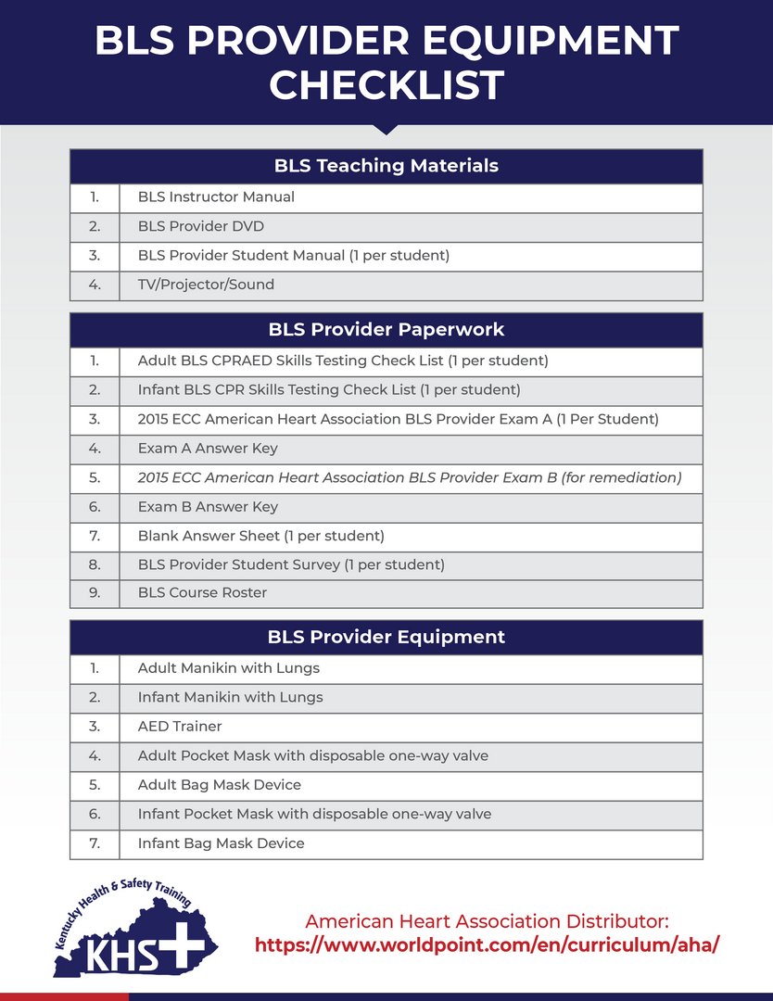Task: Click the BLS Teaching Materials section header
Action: tap(386, 166)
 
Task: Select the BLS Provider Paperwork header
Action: tap(386, 330)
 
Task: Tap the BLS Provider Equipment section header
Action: tap(386, 637)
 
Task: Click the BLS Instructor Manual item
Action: tap(216, 196)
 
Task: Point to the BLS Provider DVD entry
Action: tap(201, 226)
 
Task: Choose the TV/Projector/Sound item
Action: tap(206, 285)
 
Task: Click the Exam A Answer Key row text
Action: tap(208, 449)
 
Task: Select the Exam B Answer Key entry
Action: tap(208, 507)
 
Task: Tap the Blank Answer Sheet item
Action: tap(260, 536)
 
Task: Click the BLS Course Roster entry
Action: tap(202, 592)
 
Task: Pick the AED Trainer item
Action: tap(180, 726)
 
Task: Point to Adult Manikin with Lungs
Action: tap(229, 667)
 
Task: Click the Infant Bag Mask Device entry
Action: tap(221, 843)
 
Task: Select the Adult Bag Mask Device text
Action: tap(219, 784)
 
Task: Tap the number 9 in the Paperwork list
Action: tap(95, 592)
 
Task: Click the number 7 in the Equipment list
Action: tap(95, 843)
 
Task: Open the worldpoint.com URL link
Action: tap(487, 945)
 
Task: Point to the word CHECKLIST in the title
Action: tap(386, 86)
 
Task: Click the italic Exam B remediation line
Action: tap(409, 477)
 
